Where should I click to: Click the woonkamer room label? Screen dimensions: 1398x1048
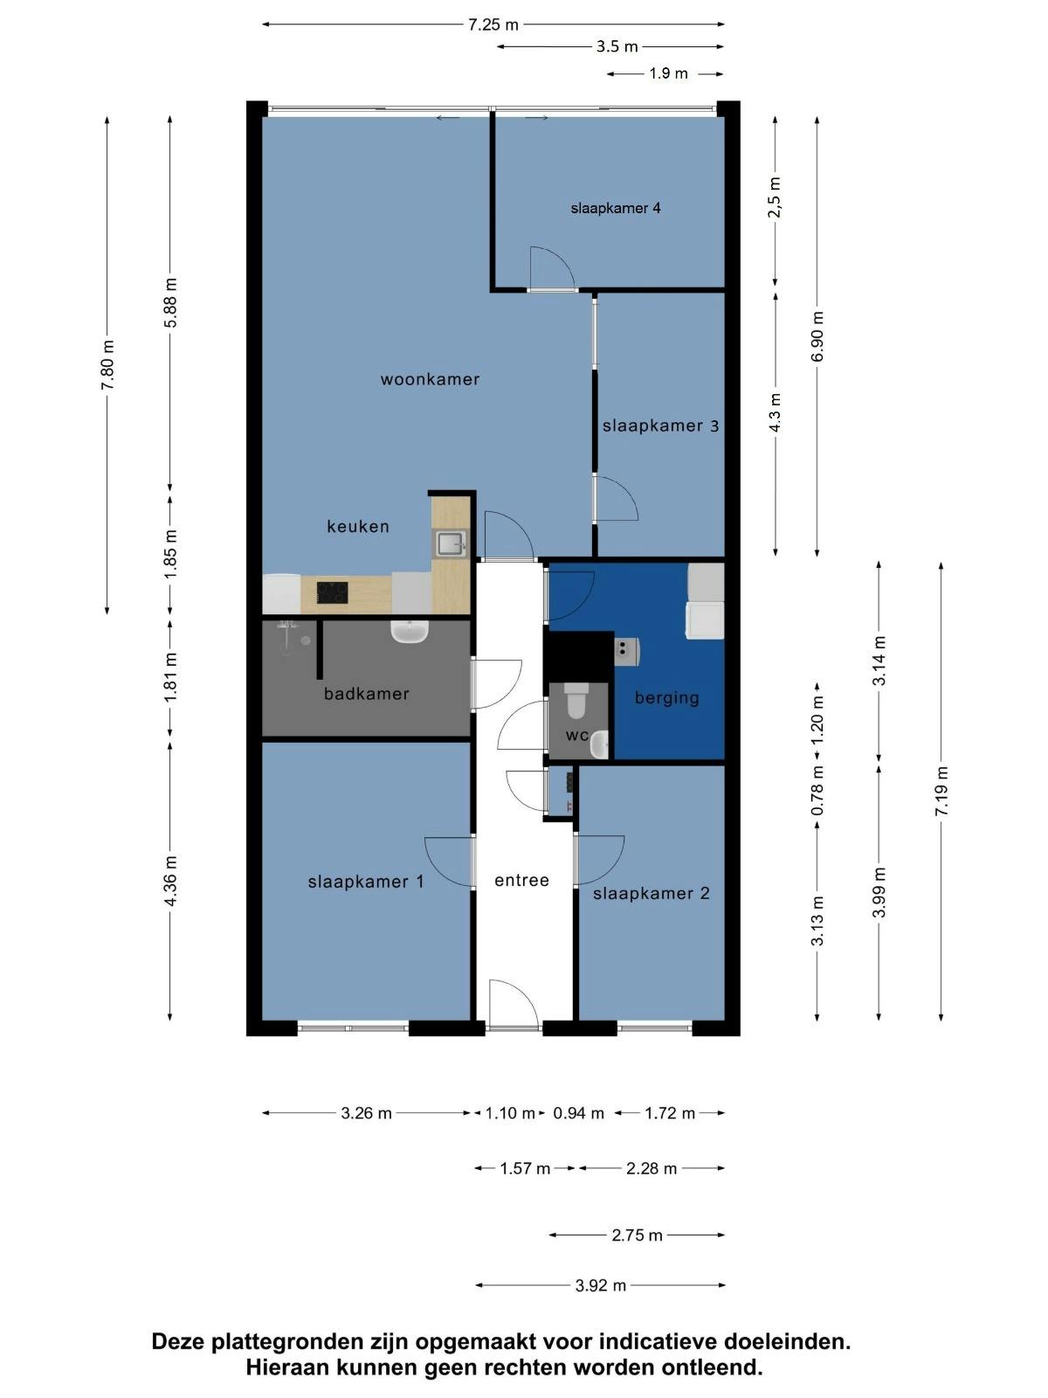point(430,379)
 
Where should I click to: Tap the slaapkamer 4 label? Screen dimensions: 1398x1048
point(616,208)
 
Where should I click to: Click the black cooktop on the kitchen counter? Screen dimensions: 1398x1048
point(332,593)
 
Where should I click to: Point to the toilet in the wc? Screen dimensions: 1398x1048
point(577,699)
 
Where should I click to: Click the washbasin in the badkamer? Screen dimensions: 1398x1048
point(409,631)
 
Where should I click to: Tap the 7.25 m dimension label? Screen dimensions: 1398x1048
point(493,24)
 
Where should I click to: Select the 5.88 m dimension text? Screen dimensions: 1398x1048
point(170,302)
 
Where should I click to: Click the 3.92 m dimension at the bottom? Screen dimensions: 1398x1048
point(601,1285)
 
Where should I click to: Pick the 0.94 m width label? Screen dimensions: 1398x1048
point(579,1113)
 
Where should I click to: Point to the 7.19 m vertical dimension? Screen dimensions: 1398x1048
point(941,792)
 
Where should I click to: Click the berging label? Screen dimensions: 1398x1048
point(667,697)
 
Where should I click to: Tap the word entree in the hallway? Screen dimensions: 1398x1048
point(521,880)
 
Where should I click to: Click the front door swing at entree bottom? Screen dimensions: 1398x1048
point(511,1005)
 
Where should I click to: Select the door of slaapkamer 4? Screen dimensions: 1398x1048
point(550,268)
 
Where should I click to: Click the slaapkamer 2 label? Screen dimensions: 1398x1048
point(652,893)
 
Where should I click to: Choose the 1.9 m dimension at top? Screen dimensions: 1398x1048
point(668,73)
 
